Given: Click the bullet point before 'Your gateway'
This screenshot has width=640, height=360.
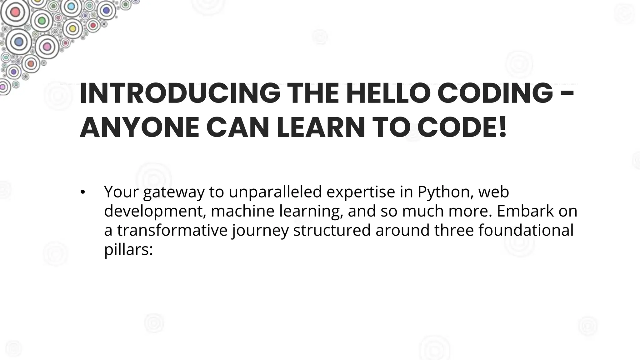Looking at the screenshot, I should [x=82, y=192].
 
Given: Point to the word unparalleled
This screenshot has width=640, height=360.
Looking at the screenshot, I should [x=275, y=192].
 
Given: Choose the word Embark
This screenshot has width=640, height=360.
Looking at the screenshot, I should [x=525, y=211].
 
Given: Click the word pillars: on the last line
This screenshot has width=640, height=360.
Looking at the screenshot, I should [x=128, y=250].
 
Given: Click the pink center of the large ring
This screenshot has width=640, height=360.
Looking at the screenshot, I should [x=47, y=47].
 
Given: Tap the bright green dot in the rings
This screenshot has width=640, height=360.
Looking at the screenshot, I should [x=41, y=21].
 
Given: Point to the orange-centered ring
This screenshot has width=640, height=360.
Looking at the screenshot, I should [x=31, y=64].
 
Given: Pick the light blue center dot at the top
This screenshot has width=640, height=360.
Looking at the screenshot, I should [x=71, y=6].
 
